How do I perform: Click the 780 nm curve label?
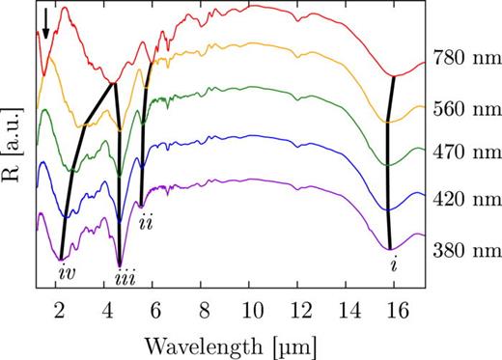point(463,57)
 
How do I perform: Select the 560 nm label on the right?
point(463,107)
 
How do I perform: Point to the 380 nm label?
point(463,250)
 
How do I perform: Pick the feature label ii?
point(146,224)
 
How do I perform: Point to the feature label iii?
point(123,277)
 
